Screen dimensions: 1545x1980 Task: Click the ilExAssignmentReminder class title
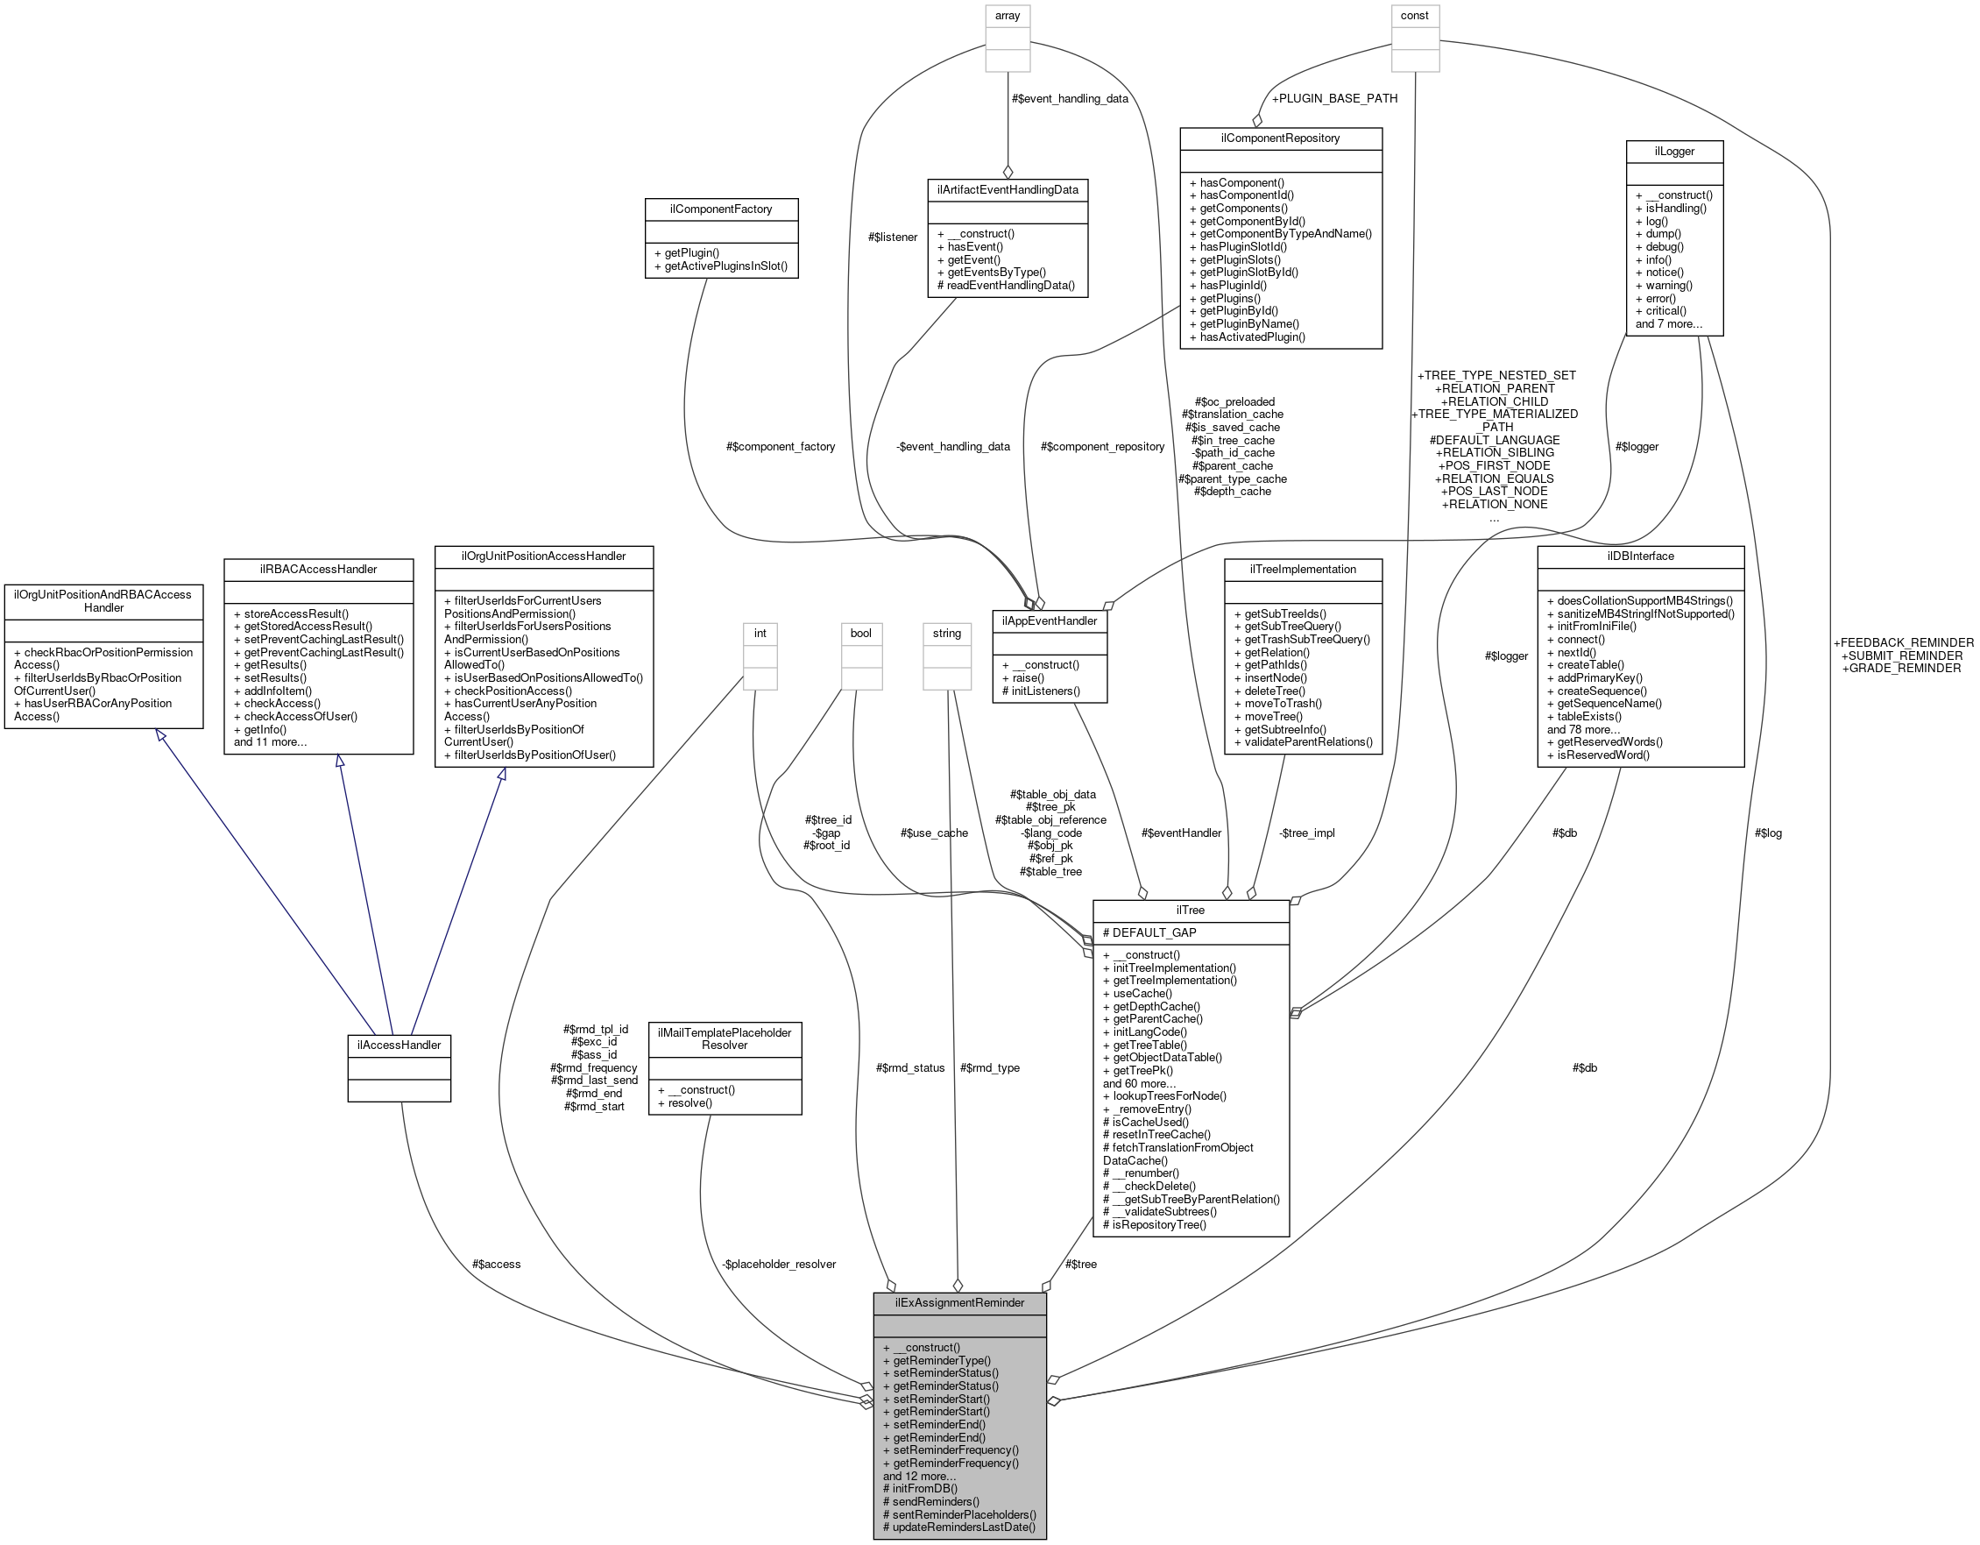[x=959, y=1303]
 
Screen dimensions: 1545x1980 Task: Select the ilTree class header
[x=1191, y=911]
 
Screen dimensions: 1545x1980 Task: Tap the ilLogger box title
[x=1674, y=152]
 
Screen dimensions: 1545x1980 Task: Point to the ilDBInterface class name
[x=1640, y=556]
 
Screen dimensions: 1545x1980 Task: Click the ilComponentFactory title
[x=721, y=209]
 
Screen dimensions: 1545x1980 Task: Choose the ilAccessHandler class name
[x=399, y=1045]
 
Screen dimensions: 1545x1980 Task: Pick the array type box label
[x=1008, y=17]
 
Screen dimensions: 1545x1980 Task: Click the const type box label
[x=1414, y=17]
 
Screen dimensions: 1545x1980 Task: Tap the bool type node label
[x=860, y=633]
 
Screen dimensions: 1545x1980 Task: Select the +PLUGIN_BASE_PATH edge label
[x=1333, y=98]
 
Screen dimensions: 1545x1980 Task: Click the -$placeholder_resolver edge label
[x=779, y=1264]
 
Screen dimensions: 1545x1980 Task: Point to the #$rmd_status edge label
[x=910, y=1068]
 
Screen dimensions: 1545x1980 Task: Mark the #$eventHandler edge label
[x=1180, y=833]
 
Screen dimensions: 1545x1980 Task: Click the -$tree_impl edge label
[x=1307, y=833]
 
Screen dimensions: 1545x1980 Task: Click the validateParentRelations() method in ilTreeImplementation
[x=1303, y=741]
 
